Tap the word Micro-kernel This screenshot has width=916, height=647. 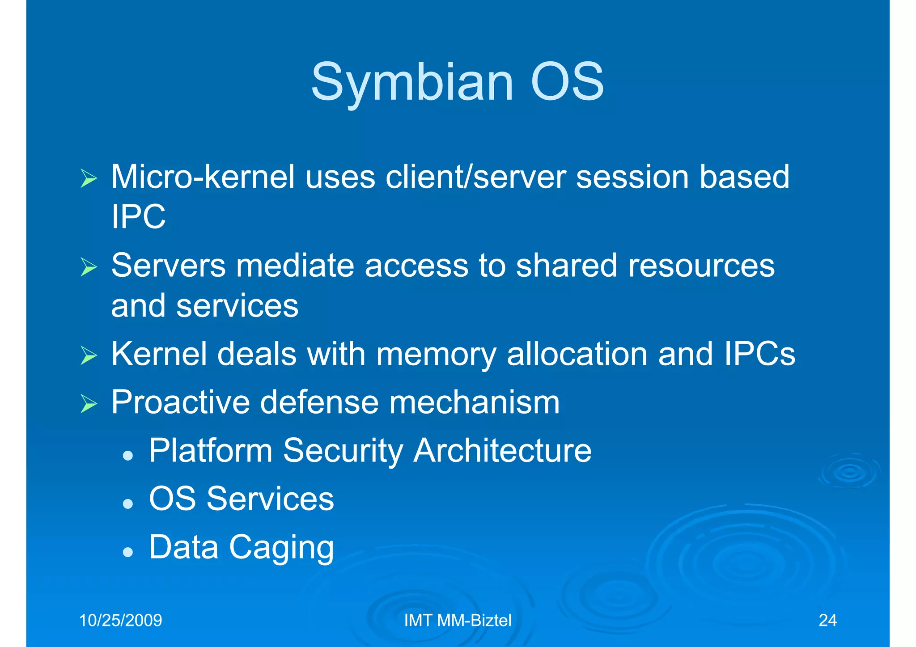pyautogui.click(x=203, y=177)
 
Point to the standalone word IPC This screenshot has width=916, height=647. pyautogui.click(x=138, y=217)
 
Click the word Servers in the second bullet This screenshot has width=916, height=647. pyautogui.click(x=168, y=266)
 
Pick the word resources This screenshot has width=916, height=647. pyautogui.click(x=701, y=266)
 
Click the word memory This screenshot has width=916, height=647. pyautogui.click(x=436, y=354)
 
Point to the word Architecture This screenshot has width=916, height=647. pyautogui.click(x=502, y=450)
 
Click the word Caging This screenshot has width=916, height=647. pyautogui.click(x=281, y=547)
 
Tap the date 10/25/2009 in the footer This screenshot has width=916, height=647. pyautogui.click(x=120, y=620)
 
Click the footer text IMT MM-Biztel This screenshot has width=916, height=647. pyautogui.click(x=458, y=620)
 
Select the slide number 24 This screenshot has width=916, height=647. pyautogui.click(x=827, y=620)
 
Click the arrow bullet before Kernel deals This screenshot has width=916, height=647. pyautogui.click(x=89, y=356)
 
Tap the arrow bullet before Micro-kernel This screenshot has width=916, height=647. pyautogui.click(x=89, y=179)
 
